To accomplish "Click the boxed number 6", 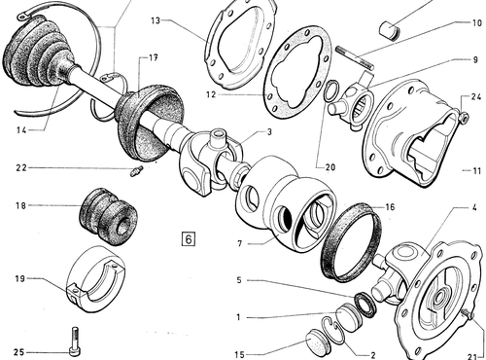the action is tap(189, 239).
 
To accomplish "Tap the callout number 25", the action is tap(19, 352).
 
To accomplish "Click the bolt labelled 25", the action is tap(75, 342).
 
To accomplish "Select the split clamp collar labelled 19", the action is tap(96, 279).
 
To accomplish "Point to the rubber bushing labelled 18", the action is tap(109, 216).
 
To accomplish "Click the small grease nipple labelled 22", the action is tap(136, 170).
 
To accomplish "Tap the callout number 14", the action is tap(21, 130).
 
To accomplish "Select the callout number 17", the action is tap(154, 58).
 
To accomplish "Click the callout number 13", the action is tap(156, 20).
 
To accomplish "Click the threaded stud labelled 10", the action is tap(355, 58).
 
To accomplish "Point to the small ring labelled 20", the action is tap(331, 90).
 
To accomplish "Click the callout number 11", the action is tap(476, 170).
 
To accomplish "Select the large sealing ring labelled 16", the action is tap(351, 241).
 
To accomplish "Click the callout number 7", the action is tap(240, 243).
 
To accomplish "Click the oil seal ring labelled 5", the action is tap(364, 305).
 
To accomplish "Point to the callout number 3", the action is tap(269, 132).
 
